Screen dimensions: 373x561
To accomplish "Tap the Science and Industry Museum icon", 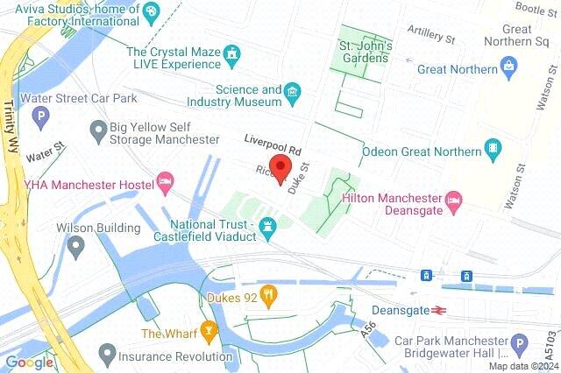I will (x=294, y=91).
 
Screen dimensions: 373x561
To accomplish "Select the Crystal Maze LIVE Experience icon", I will (x=232, y=54).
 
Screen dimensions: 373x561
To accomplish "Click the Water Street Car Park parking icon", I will (x=39, y=115).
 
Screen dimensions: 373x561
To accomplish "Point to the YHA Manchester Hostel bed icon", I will (x=164, y=182).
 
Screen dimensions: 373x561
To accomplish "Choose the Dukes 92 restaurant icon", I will (x=271, y=295).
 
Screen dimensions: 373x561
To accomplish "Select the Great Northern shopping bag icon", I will (x=508, y=67).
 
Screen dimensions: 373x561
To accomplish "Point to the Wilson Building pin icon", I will (x=75, y=247).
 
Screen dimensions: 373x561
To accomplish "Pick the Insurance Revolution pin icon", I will (x=107, y=355).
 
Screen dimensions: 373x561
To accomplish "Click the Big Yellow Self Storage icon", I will (x=98, y=131).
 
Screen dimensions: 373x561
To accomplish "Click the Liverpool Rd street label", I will (x=273, y=140).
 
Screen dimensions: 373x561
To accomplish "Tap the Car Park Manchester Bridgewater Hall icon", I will (x=519, y=344).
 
